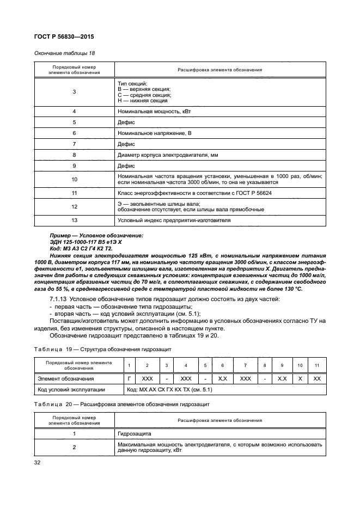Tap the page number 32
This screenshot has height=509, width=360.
pyautogui.click(x=38, y=462)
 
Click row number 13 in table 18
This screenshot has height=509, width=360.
pyautogui.click(x=74, y=220)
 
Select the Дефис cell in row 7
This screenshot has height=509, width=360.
pyautogui.click(x=126, y=144)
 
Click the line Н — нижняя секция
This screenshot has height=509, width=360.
pyautogui.click(x=143, y=101)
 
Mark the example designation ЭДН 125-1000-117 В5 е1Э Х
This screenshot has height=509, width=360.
pyautogui.click(x=78, y=241)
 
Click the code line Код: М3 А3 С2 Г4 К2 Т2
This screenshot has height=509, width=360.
pyautogui.click(x=76, y=248)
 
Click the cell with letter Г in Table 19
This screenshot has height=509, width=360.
pyautogui.click(x=129, y=378)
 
